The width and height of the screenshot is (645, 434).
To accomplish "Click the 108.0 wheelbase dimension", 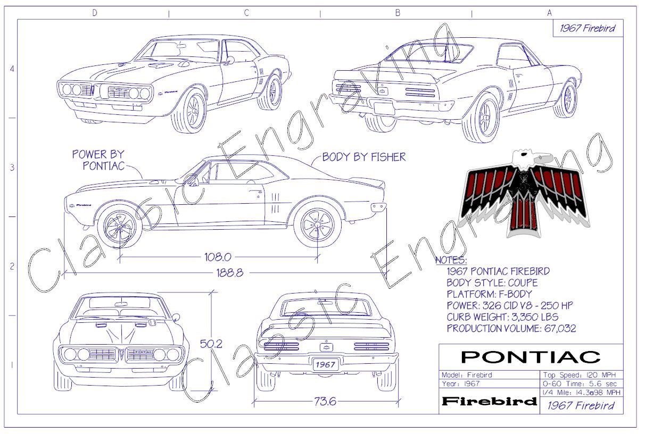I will click(218, 257).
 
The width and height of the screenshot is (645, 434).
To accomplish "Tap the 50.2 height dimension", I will click(211, 344).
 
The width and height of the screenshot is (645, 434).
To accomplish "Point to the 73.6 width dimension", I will click(325, 402).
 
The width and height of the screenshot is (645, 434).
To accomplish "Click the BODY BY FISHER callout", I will click(364, 157).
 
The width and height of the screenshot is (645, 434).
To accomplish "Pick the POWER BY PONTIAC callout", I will click(98, 160).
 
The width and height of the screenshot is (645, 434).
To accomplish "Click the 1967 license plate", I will click(325, 365).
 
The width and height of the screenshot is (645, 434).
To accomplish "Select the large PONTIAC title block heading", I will click(530, 356).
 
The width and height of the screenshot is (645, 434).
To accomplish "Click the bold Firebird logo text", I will click(489, 401).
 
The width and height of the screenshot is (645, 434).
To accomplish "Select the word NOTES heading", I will click(451, 261).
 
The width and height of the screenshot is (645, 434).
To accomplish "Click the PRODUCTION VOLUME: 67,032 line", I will click(511, 329).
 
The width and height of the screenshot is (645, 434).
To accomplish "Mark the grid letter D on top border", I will click(95, 13).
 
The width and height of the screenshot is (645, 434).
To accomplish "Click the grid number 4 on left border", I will click(12, 69).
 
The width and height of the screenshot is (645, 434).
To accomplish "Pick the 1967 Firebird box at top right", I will click(587, 28).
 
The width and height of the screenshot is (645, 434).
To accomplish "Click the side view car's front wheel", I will click(120, 226).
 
